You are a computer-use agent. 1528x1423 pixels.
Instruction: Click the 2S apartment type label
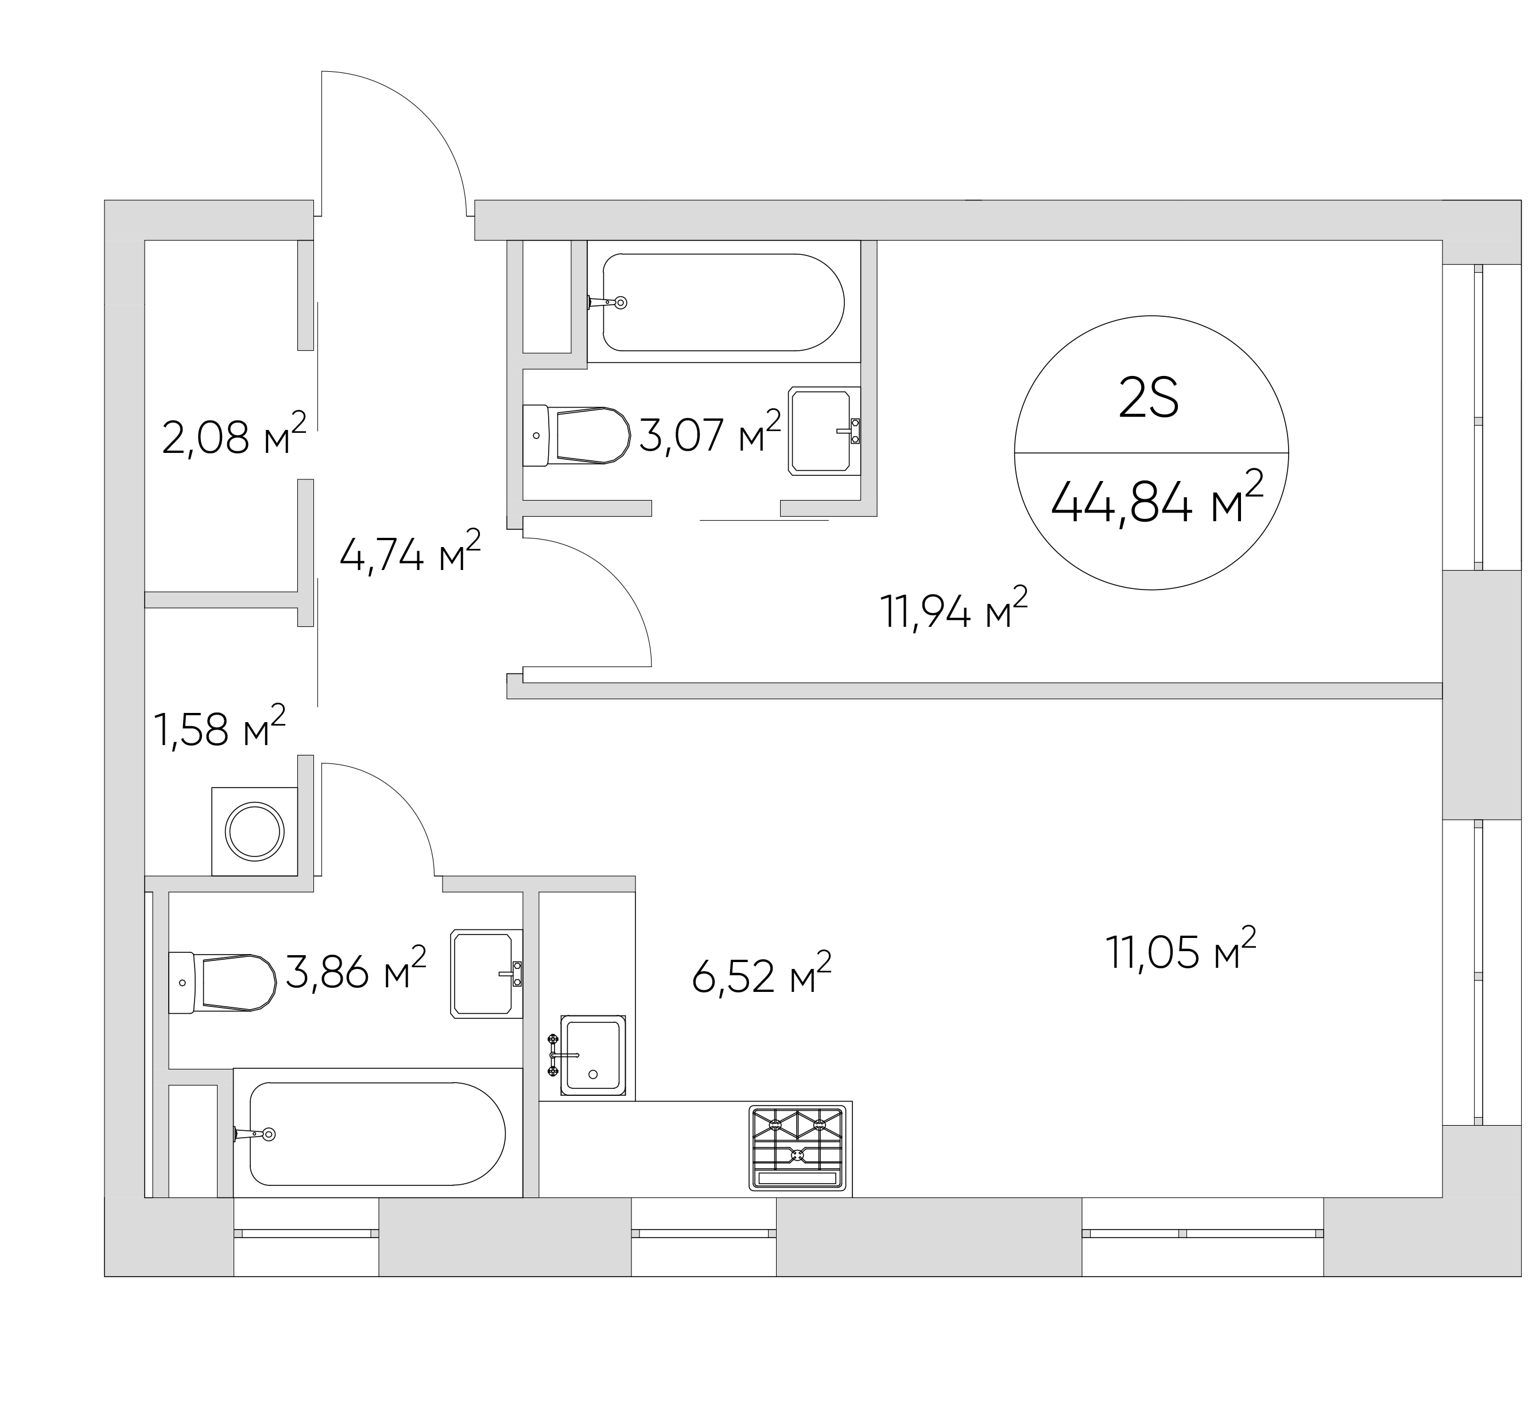click(x=1149, y=401)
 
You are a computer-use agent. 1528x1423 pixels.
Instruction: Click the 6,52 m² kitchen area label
click(x=762, y=974)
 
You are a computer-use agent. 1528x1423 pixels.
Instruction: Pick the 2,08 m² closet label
click(x=234, y=435)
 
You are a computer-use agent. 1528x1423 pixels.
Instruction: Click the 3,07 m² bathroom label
click(x=710, y=432)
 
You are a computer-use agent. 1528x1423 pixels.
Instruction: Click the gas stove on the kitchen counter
click(x=797, y=1149)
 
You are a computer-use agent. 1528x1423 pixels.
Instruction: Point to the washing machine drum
click(x=254, y=831)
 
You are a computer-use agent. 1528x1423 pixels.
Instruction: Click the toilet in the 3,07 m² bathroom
click(x=576, y=436)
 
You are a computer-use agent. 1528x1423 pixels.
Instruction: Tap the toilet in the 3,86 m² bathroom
click(x=222, y=982)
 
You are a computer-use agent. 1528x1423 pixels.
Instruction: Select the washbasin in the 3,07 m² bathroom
click(x=824, y=431)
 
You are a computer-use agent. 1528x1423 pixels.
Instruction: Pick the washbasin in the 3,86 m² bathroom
click(x=487, y=974)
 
